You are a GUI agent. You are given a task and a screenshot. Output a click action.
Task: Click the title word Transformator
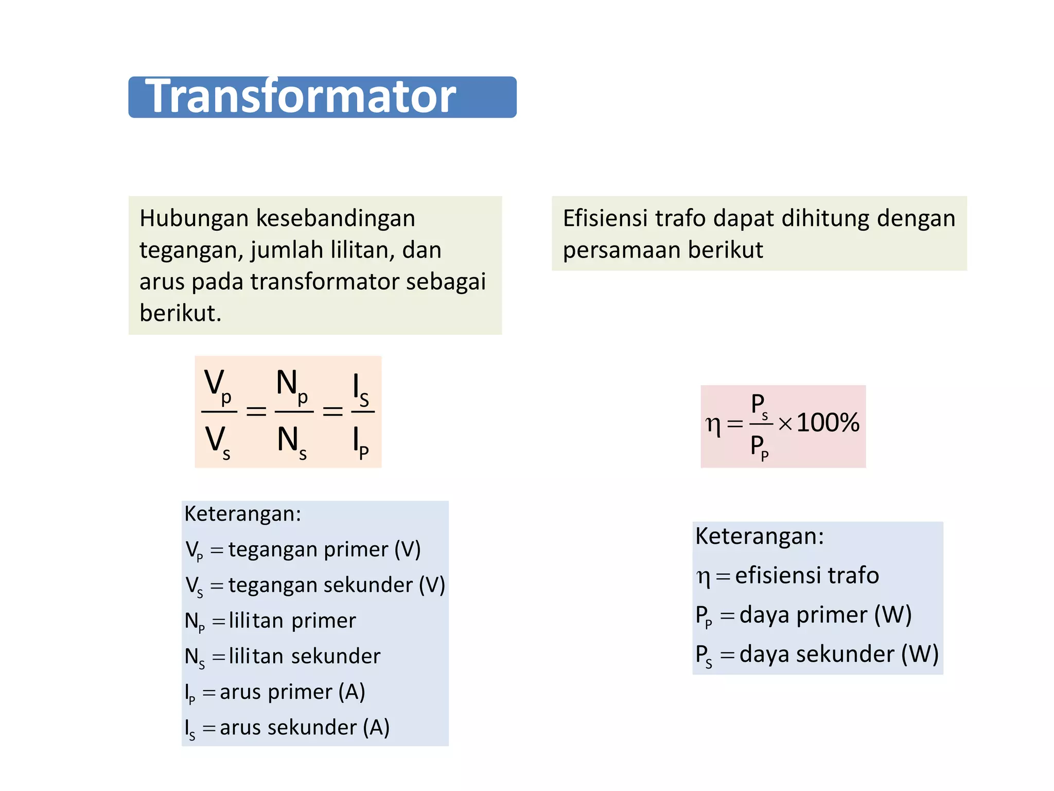[x=301, y=96]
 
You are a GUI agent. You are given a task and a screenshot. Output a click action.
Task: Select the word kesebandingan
[x=336, y=218]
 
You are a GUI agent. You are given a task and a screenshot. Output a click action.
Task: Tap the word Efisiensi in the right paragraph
[x=605, y=218]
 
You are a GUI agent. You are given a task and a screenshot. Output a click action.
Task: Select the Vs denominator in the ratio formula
[x=218, y=442]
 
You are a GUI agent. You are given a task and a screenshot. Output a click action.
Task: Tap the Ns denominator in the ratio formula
[x=292, y=442]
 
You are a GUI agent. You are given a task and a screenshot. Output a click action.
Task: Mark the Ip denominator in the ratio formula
[x=361, y=443]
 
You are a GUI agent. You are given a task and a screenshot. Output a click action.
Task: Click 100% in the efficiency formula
[x=828, y=423]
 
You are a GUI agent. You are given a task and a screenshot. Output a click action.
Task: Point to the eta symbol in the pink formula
[x=713, y=425]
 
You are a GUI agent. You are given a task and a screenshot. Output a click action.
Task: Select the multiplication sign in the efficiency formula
[x=785, y=424]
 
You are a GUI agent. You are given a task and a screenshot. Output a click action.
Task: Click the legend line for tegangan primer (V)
[x=303, y=550]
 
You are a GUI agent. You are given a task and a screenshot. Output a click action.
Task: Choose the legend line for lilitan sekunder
[x=283, y=657]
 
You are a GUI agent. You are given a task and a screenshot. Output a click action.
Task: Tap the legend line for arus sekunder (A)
[x=287, y=728]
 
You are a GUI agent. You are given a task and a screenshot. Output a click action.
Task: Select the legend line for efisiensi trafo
[x=787, y=576]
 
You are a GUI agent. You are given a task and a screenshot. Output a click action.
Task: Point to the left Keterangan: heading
[x=242, y=514]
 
